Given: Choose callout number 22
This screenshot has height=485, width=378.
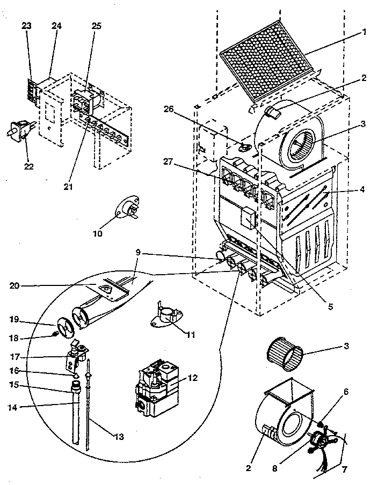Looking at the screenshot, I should pyautogui.click(x=28, y=166).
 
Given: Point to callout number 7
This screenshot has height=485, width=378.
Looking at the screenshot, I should pyautogui.click(x=344, y=469).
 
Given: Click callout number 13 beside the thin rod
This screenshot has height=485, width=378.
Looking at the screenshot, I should pyautogui.click(x=119, y=437).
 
